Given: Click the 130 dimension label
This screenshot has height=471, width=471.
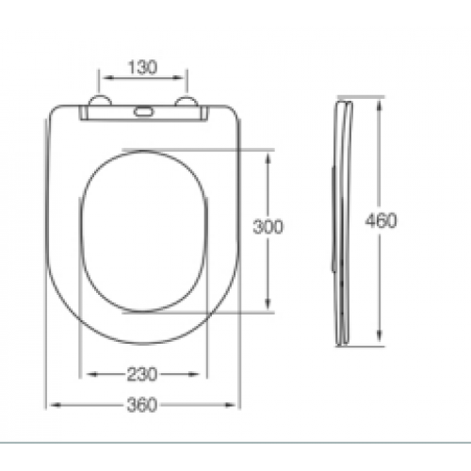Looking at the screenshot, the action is pos(142,68).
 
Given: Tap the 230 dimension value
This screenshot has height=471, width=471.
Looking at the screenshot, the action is pos(142,374).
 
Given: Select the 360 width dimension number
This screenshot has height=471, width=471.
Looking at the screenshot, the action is pos(142,405).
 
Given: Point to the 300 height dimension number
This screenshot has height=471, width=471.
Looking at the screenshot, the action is pos(268,227).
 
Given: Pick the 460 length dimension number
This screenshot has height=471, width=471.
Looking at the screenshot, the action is pos(381,220).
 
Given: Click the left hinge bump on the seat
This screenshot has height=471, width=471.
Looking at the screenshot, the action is pos(100,100).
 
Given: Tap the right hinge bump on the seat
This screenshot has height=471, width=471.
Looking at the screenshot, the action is pos(187,101).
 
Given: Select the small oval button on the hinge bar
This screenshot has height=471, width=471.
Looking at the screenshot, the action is pos(143,111).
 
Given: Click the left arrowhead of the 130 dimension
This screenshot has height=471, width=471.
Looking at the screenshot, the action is pos(107,77).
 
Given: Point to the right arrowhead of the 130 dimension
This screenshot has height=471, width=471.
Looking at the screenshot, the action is pos(178,77).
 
